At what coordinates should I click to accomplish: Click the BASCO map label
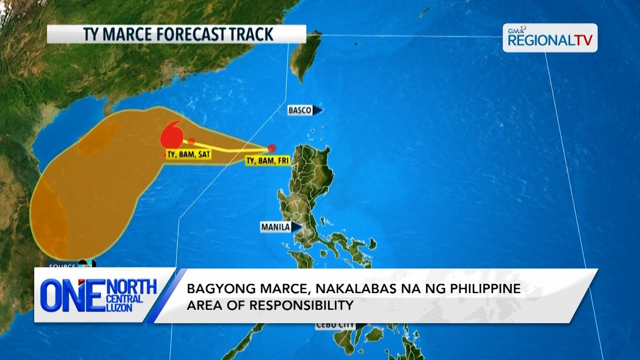point(300,110)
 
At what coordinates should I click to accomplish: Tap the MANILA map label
point(275,227)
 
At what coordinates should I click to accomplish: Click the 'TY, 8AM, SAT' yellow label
point(188,154)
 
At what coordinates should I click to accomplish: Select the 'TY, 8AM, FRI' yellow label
point(267,160)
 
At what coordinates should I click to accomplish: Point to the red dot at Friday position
point(271,148)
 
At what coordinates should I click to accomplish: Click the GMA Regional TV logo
point(549,38)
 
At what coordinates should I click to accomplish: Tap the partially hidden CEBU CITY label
point(334,325)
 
